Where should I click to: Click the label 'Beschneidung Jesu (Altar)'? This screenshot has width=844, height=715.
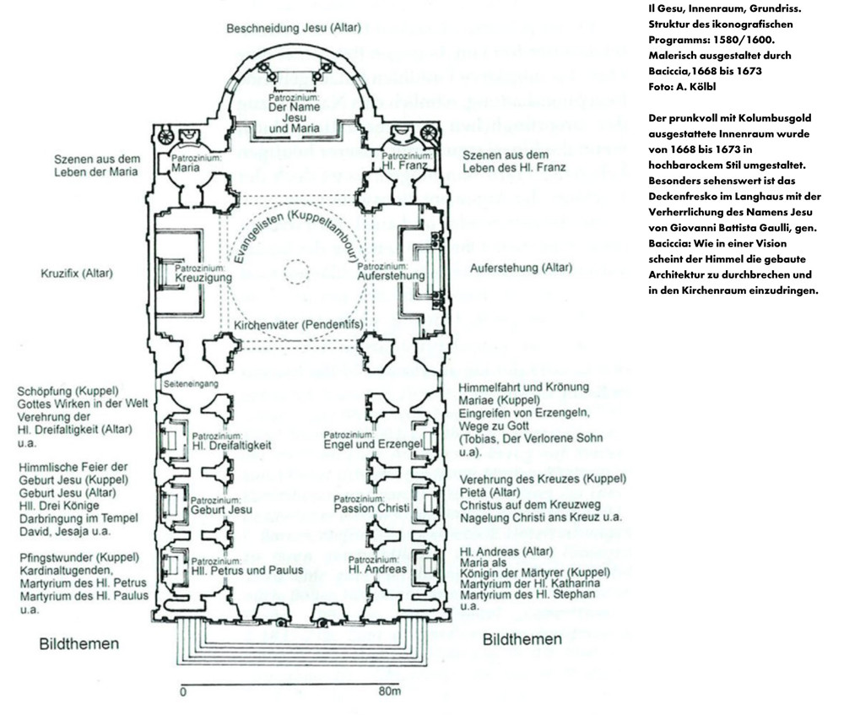[293, 28]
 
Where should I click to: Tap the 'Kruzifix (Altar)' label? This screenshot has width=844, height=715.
[77, 274]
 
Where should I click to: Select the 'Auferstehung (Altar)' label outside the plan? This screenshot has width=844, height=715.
[521, 268]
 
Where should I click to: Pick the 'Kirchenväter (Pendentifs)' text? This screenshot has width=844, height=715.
[298, 324]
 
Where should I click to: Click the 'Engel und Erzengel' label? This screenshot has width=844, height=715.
[372, 444]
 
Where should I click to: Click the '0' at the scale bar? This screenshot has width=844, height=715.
[183, 691]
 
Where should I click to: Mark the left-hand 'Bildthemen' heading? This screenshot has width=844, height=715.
[79, 644]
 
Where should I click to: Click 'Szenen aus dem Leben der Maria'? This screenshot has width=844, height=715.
[95, 165]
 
